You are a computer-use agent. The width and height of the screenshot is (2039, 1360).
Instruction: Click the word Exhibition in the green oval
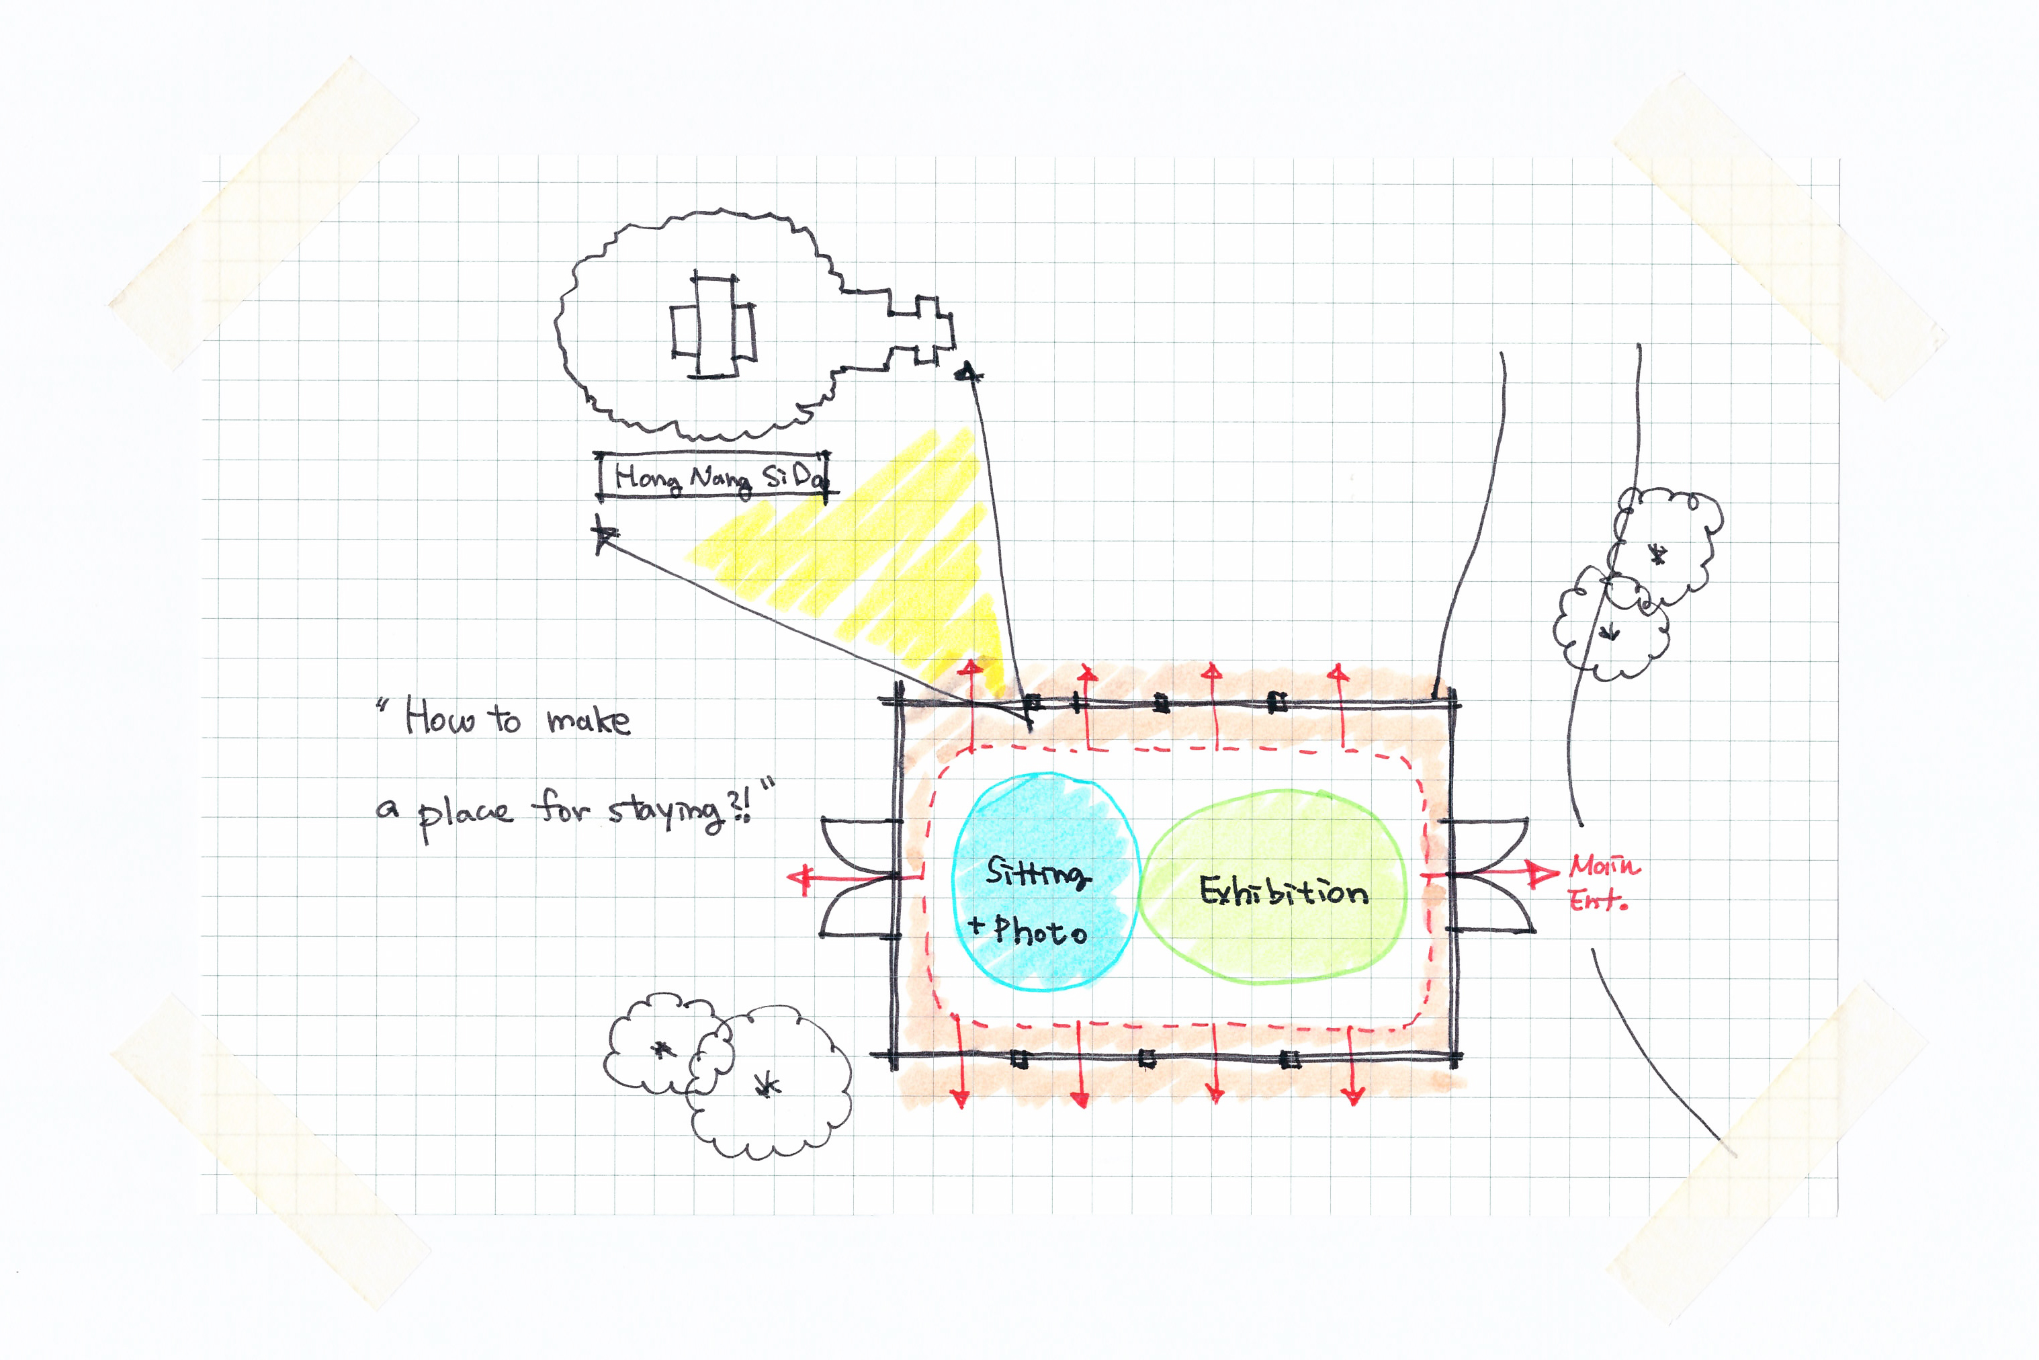(1284, 891)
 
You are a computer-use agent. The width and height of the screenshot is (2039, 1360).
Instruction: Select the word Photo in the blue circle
(1041, 931)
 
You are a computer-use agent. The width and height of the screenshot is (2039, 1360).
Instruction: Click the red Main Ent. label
(1603, 883)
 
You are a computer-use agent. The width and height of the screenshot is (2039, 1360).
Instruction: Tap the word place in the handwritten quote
(465, 814)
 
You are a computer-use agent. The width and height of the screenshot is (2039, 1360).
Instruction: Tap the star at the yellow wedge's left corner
(603, 534)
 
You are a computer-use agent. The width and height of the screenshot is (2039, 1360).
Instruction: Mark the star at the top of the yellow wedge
(968, 374)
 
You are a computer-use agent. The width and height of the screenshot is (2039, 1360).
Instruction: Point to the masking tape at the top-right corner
(1778, 235)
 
